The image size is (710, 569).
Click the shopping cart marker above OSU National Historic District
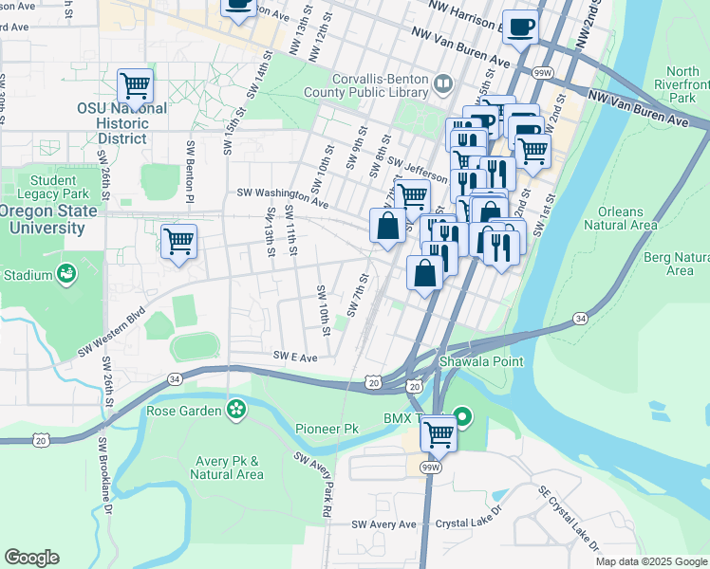point(136,86)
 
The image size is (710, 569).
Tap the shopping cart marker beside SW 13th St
point(178,242)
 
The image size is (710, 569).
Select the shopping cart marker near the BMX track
point(439,434)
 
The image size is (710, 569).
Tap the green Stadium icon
point(66,275)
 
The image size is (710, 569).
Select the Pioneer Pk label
point(326,429)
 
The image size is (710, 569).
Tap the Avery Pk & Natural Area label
point(227,468)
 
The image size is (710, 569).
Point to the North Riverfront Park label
point(682,84)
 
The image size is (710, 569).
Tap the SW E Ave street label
point(295,356)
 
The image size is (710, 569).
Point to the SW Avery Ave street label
point(383,524)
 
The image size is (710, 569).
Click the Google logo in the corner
point(31,558)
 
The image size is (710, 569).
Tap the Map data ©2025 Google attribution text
point(650,561)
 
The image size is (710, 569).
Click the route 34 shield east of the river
point(580,319)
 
